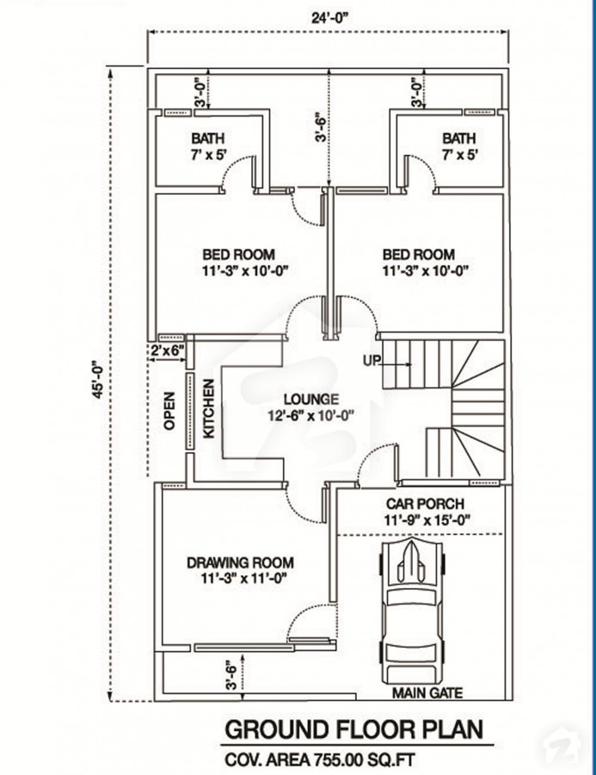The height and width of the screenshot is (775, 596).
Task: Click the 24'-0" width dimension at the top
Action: (x=330, y=18)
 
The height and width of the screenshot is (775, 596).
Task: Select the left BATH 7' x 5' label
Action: (x=208, y=146)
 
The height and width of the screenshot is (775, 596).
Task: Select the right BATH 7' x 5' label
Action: (x=458, y=146)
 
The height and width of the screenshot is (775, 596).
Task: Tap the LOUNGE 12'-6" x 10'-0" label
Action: (x=311, y=406)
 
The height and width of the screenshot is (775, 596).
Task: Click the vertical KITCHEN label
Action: (x=209, y=408)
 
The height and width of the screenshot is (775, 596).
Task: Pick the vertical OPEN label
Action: (x=169, y=411)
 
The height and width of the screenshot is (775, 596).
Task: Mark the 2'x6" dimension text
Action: (x=168, y=350)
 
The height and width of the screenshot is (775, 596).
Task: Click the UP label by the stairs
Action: (x=372, y=361)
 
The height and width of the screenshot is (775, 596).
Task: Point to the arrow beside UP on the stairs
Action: (x=396, y=365)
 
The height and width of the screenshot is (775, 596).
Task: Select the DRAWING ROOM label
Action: (x=240, y=570)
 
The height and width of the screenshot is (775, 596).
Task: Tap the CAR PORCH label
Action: (x=425, y=512)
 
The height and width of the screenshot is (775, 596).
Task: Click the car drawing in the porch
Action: (x=414, y=611)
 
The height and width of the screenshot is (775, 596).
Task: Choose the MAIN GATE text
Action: (x=427, y=693)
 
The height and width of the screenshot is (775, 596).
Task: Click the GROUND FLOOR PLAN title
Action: (x=354, y=729)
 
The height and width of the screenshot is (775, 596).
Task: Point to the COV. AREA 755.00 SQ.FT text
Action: (x=320, y=758)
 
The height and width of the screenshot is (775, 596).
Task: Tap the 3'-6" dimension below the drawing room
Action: (x=230, y=676)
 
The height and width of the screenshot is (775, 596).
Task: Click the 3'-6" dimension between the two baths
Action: (x=321, y=128)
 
